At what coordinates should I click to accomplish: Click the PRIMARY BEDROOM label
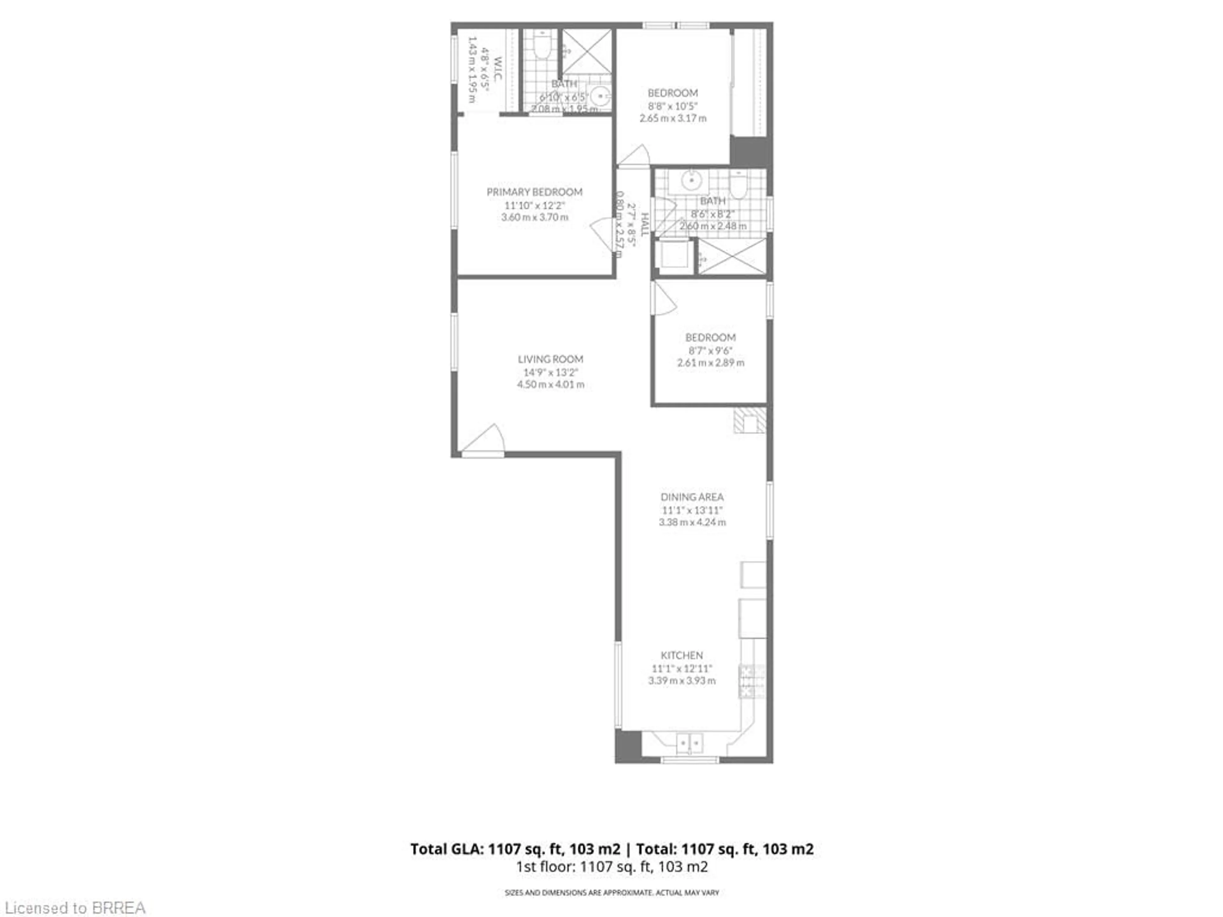point(534,192)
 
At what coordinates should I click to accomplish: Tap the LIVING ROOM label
point(550,359)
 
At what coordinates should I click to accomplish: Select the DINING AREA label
point(692,497)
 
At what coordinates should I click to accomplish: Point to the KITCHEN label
point(682,655)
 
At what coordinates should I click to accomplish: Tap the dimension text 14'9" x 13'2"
point(550,372)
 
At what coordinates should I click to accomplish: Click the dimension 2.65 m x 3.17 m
point(673,118)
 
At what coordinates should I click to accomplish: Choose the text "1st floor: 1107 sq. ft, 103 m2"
point(611,866)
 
